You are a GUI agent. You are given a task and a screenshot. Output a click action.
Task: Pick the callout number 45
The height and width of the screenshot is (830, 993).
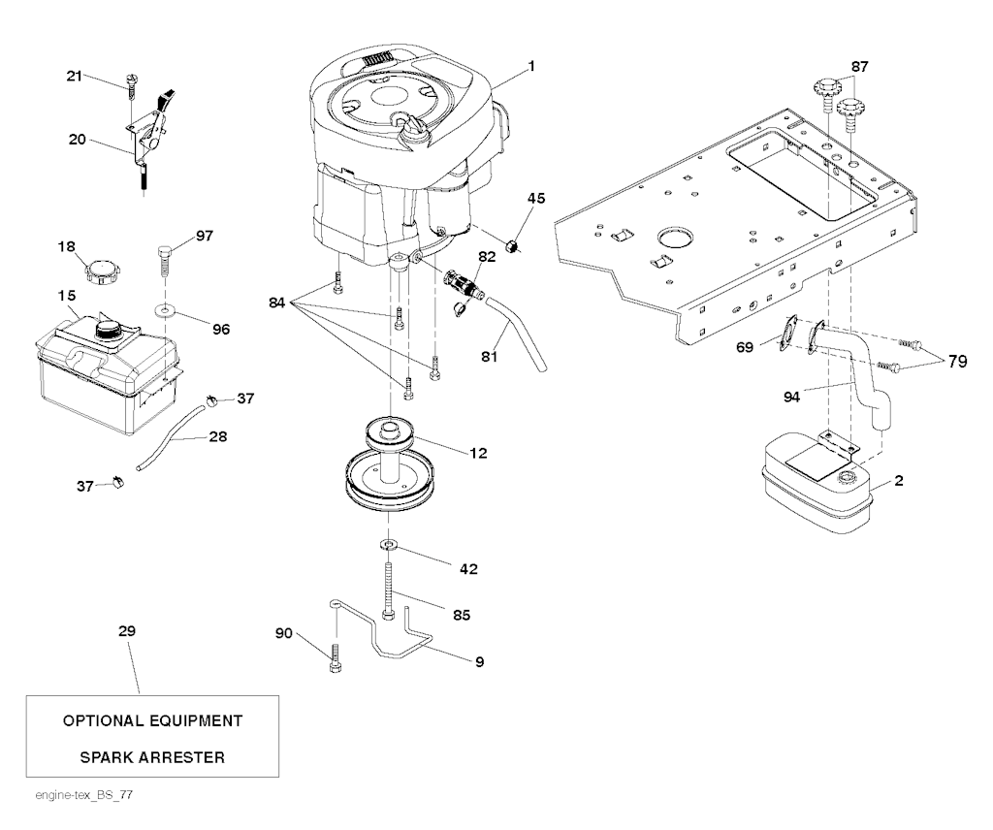point(535,199)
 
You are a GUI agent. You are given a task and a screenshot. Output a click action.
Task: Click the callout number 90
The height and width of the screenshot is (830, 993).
point(283,633)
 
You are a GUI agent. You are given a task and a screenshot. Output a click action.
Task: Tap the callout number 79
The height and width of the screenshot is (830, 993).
point(958,362)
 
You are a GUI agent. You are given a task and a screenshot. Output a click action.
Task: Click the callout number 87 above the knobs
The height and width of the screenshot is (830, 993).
point(859,67)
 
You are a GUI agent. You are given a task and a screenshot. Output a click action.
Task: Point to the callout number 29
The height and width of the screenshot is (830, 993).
point(126,631)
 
